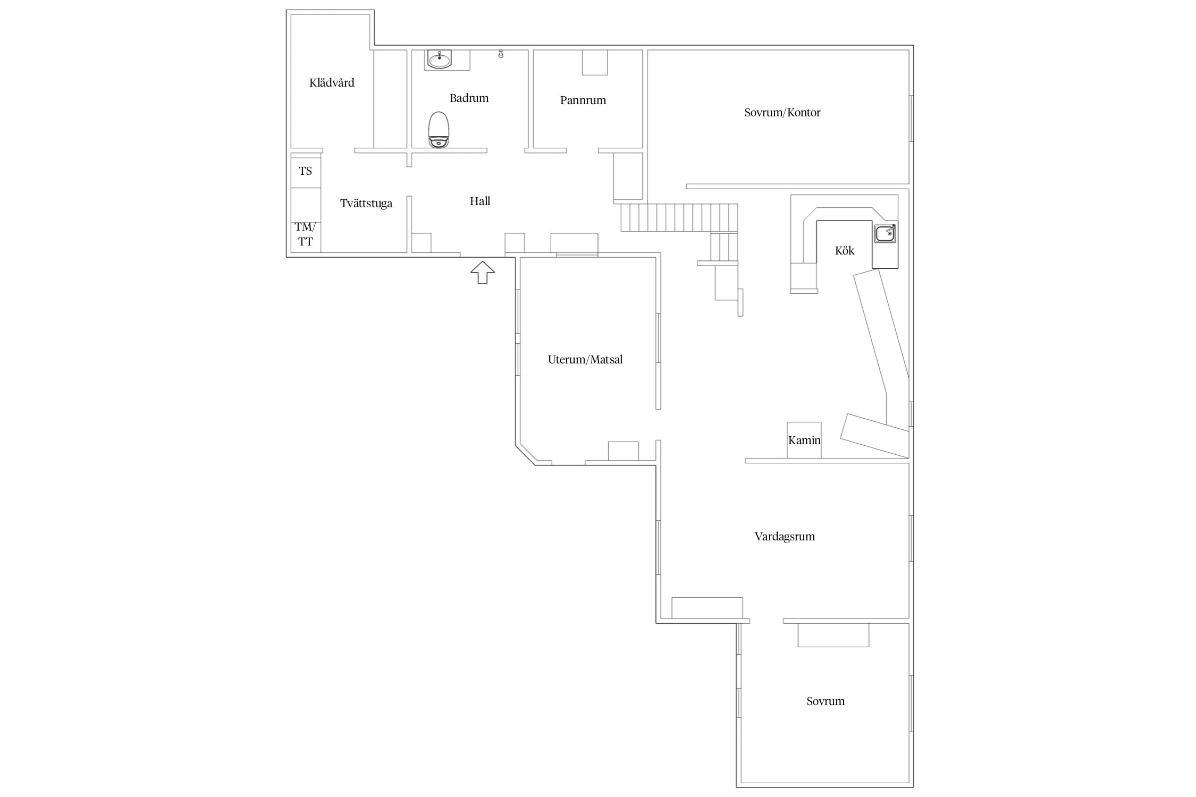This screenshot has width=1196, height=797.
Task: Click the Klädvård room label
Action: pos(332,82)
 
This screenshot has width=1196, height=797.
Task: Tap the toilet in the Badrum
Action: pos(439,129)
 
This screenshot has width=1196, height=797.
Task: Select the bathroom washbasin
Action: pos(440,60)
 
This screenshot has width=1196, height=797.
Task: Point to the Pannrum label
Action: pos(583,100)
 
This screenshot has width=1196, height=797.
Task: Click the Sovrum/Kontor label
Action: pos(782,113)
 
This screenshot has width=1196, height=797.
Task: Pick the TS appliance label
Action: pos(305,171)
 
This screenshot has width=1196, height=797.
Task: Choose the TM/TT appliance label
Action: pos(305,234)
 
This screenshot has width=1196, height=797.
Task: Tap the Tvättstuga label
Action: pos(366,204)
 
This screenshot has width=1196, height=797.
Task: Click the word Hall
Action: pos(480,201)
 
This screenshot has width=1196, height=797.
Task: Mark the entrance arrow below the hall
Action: pos(482,273)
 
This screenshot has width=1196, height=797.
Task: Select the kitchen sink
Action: pos(885,234)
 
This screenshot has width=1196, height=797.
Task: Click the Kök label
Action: pos(845,251)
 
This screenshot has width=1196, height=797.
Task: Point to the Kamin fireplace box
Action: pos(804,440)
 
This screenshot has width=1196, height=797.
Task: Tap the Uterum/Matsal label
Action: pos(585,360)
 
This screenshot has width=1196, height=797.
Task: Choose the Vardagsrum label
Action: pos(785,537)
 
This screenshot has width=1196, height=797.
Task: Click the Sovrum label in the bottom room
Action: pos(825,701)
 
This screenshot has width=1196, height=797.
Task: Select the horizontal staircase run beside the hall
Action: pos(679,217)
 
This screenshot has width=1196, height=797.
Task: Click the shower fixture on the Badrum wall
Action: pos(501,54)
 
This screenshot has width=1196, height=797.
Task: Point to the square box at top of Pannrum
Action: pos(595,63)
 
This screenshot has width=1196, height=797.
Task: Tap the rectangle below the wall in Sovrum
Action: pos(833,635)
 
